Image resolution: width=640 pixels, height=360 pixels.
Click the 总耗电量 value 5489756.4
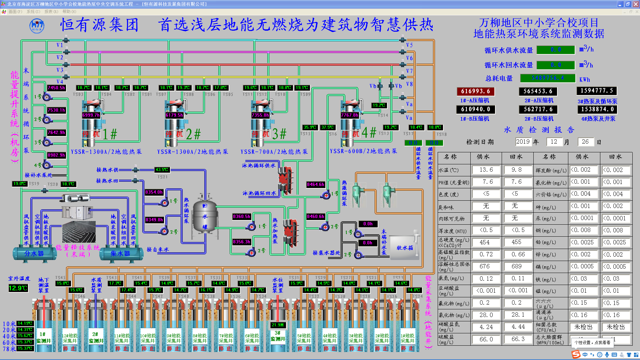pos(547,78)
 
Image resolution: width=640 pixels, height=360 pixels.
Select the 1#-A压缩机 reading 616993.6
pos(475,91)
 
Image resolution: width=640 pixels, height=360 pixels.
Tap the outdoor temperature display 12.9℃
pos(18,288)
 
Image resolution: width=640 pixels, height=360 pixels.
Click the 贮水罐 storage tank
pos(205,216)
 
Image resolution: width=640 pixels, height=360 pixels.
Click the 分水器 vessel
pos(34,254)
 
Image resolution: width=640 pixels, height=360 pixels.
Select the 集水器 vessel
pos(120,254)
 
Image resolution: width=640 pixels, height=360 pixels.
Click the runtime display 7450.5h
pos(56,88)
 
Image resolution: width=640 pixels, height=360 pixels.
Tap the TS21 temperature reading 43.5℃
pos(162,170)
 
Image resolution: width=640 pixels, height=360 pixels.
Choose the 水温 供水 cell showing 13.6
pos(486,170)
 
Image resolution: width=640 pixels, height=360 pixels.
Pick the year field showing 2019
pos(523,142)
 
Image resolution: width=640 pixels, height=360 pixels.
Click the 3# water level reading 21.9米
pos(278,325)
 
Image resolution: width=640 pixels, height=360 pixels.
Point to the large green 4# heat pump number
pos(369,133)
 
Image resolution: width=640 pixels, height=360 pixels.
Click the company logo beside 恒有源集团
pos(37,26)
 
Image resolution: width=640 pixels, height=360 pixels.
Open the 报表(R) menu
pos(51,12)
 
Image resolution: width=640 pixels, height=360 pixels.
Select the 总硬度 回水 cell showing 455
pos(516,242)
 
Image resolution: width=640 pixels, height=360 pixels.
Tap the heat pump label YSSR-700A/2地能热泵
pos(274,152)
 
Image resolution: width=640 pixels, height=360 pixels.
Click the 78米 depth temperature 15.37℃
pos(25,348)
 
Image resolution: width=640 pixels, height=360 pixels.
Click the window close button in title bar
pos(635,4)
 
